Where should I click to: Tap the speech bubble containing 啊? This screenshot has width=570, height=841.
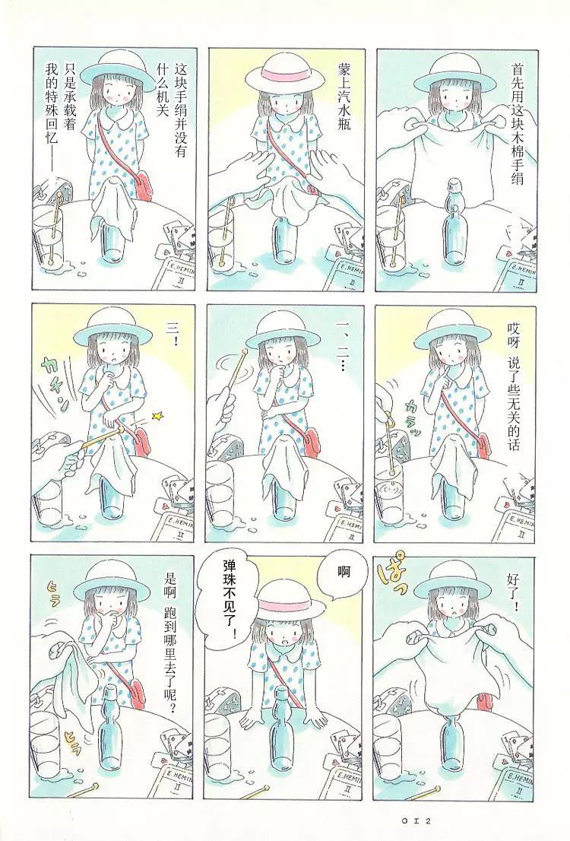(x=344, y=573)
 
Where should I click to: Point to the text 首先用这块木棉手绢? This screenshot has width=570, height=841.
(x=517, y=123)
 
